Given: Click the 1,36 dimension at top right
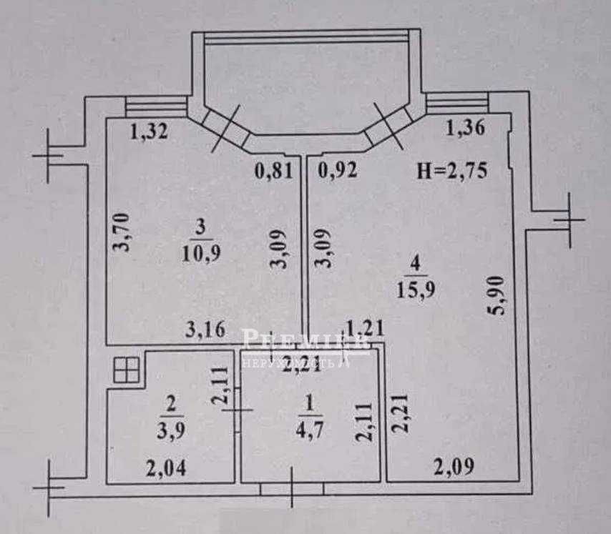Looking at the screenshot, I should point(466,129).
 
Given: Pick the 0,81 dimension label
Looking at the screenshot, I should point(274,172).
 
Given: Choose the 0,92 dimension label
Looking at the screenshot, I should point(338,172).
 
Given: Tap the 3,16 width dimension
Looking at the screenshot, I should point(206,330).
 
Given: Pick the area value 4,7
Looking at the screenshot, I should point(309,434).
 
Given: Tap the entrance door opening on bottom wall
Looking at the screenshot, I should point(292,488).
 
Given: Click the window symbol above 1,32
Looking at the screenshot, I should point(155,107).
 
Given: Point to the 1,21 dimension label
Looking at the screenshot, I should point(365,328).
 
